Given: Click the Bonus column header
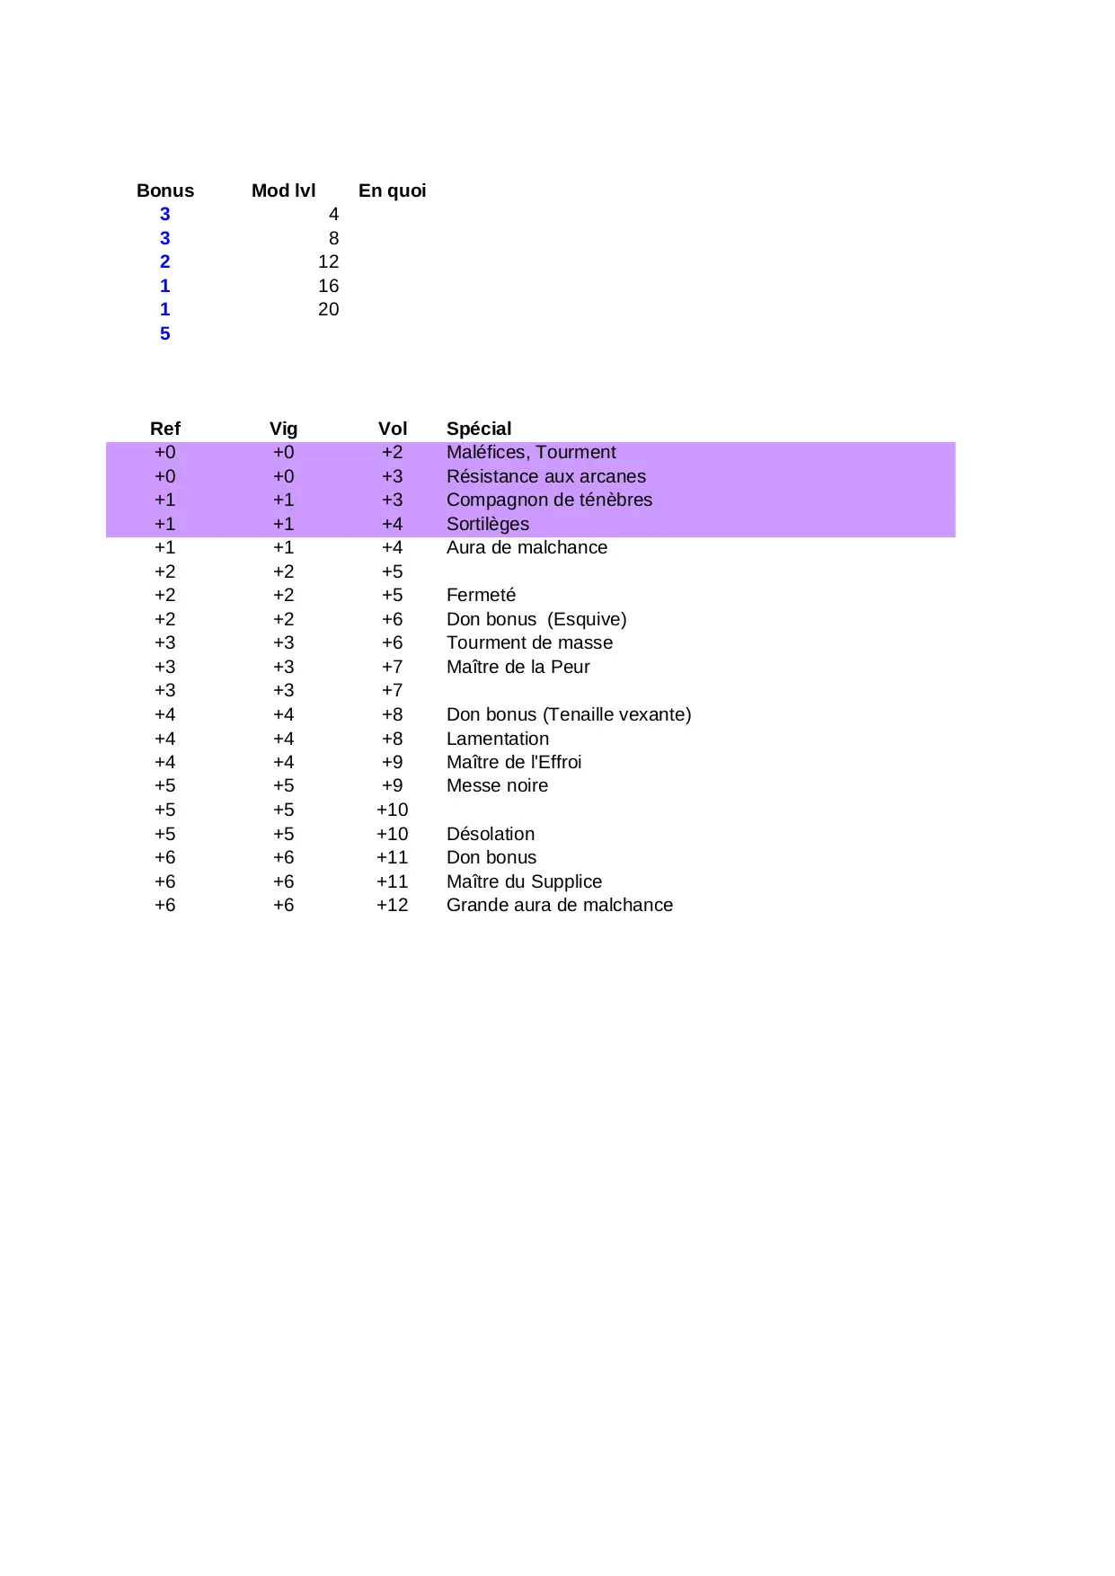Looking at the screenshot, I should click(165, 190).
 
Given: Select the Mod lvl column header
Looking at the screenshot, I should click(283, 190).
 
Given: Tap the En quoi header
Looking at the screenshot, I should click(392, 190).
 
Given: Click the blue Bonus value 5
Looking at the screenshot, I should click(165, 333).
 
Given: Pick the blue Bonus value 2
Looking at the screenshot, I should click(165, 261).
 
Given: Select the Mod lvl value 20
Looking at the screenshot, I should click(328, 309).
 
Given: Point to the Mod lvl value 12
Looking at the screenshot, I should click(328, 261).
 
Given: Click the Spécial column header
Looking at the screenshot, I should click(479, 429).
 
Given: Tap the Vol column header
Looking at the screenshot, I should click(393, 429).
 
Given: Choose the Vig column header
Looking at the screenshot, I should click(283, 429).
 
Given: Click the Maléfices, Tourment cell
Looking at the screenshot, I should click(531, 452).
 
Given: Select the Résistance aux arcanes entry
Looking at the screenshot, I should click(545, 476).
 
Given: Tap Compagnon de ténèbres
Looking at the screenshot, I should click(549, 500).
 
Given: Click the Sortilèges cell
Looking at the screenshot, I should click(488, 524).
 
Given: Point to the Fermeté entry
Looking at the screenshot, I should click(481, 595).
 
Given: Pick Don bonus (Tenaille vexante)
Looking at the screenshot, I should click(569, 714).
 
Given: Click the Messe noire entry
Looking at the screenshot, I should click(497, 785).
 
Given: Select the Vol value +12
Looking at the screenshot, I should click(392, 905).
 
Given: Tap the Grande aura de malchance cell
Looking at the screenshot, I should click(559, 905).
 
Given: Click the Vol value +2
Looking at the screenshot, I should click(393, 452).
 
